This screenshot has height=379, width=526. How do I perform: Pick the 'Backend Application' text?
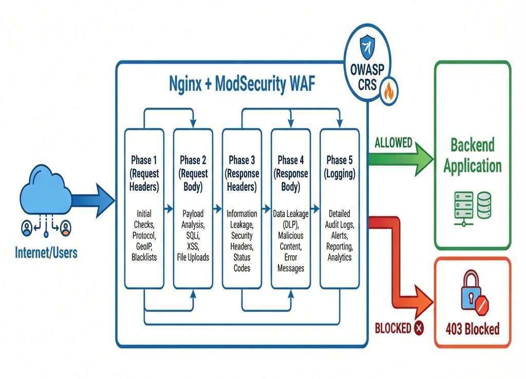tap(472, 155)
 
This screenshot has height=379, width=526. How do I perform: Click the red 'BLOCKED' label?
tap(393, 328)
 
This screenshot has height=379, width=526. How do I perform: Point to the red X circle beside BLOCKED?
tap(419, 328)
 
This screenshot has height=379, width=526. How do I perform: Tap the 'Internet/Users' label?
tap(46, 252)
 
